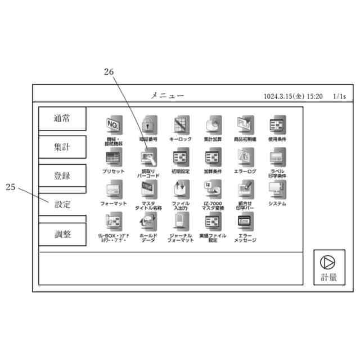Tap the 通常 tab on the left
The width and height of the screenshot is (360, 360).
[62, 119]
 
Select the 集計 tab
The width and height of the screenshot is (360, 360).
[62, 147]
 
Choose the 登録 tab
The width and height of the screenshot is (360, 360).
[62, 175]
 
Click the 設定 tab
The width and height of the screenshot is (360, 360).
[62, 204]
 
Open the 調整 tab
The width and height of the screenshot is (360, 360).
[62, 234]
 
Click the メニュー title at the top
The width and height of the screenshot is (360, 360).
[167, 96]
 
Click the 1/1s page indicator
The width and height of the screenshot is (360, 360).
[339, 96]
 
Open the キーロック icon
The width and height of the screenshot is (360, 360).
[181, 124]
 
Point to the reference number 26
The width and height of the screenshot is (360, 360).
[109, 71]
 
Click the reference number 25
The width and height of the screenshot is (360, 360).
[11, 187]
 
